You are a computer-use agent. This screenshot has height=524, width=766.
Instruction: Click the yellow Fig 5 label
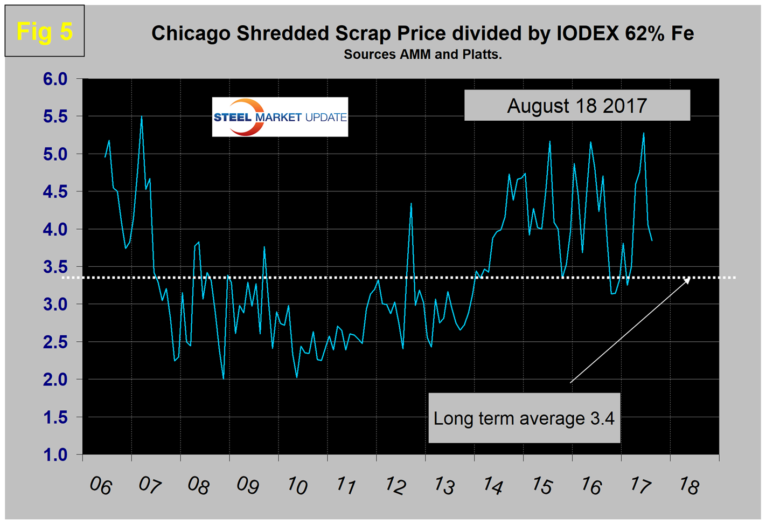[44, 31]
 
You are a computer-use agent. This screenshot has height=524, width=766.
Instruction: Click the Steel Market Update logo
[280, 117]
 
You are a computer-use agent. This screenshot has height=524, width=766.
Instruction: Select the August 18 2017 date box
[577, 106]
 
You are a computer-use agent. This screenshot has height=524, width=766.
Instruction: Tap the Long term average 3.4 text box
[524, 418]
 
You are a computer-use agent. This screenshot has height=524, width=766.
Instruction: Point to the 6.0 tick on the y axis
[55, 79]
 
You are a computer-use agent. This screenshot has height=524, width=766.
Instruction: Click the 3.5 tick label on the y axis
[55, 267]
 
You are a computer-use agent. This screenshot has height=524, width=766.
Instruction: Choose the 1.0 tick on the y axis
[55, 454]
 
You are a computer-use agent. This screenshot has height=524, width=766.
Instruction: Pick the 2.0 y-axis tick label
[55, 380]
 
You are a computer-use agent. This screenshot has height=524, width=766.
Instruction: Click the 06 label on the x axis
[100, 486]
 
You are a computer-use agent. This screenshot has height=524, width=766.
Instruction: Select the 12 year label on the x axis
[394, 486]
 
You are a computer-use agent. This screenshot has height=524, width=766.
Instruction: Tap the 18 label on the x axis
[688, 486]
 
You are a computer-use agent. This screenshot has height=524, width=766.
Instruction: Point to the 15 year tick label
[541, 486]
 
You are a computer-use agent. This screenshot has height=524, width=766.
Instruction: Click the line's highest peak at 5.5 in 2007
[141, 116]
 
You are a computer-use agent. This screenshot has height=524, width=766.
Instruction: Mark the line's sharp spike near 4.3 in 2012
[411, 203]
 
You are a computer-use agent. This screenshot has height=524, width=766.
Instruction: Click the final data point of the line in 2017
[652, 240]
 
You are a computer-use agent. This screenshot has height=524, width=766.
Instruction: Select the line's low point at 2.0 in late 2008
[223, 379]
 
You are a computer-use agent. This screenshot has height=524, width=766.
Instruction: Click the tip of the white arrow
[690, 279]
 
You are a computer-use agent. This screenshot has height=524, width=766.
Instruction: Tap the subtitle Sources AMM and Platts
[422, 54]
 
